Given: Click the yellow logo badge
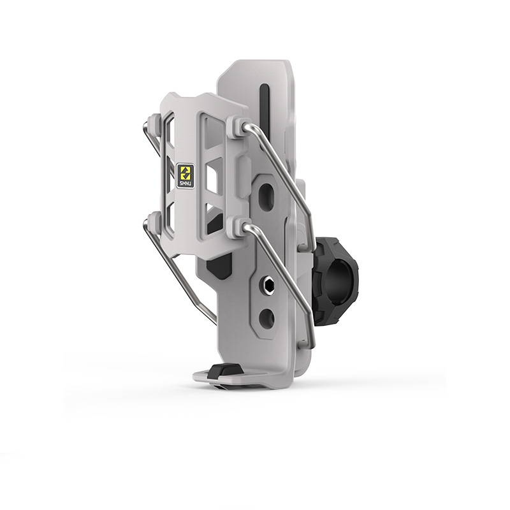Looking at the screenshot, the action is click(x=185, y=172).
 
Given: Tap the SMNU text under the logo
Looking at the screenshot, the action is click(x=186, y=184).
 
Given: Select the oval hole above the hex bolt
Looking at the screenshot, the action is click(x=266, y=194).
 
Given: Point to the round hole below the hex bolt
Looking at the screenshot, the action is click(x=266, y=317).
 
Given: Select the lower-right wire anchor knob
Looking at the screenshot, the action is click(x=237, y=224).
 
